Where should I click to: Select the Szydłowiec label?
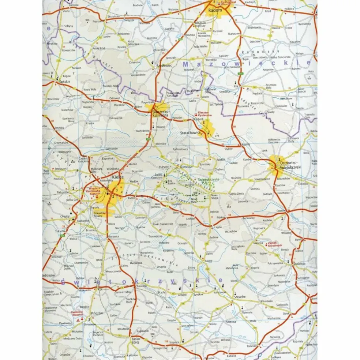(153, 66)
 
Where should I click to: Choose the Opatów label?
(281, 211)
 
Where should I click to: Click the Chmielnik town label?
(141, 286)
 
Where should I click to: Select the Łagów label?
(218, 227)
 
